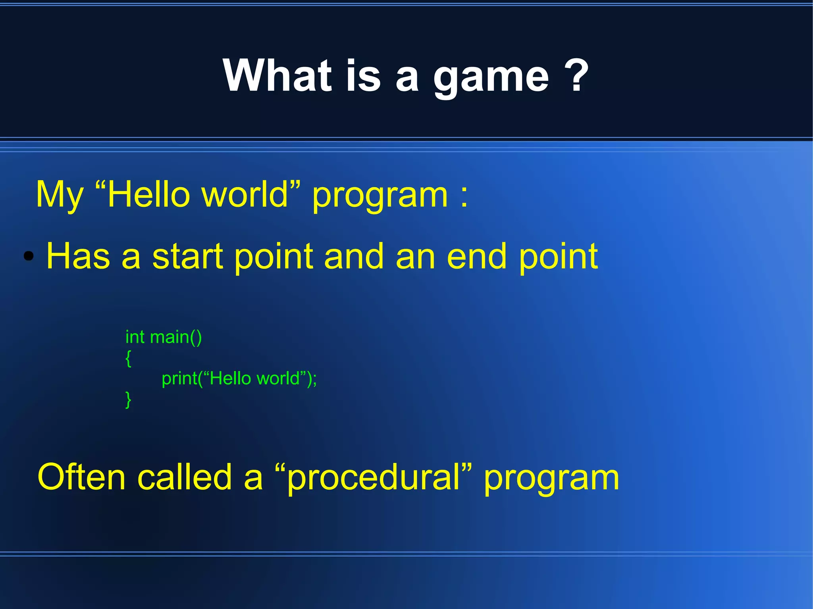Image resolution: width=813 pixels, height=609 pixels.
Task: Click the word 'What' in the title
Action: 277,75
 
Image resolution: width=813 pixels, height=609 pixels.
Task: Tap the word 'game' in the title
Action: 491,77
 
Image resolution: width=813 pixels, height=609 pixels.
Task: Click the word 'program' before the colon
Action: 380,196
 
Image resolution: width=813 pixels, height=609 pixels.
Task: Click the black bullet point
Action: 29,256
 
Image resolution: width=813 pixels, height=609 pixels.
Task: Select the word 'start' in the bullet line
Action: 187,256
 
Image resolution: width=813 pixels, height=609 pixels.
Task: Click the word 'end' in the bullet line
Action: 477,256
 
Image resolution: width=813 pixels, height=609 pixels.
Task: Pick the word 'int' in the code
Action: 135,337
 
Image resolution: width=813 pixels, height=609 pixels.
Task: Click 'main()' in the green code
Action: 176,337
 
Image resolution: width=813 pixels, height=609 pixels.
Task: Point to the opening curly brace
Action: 128,358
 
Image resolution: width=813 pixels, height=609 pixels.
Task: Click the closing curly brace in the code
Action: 128,399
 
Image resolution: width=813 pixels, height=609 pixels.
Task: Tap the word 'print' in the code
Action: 179,379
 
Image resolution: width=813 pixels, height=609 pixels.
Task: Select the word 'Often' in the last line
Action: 81,477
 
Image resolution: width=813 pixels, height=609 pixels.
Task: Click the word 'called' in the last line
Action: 184,477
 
